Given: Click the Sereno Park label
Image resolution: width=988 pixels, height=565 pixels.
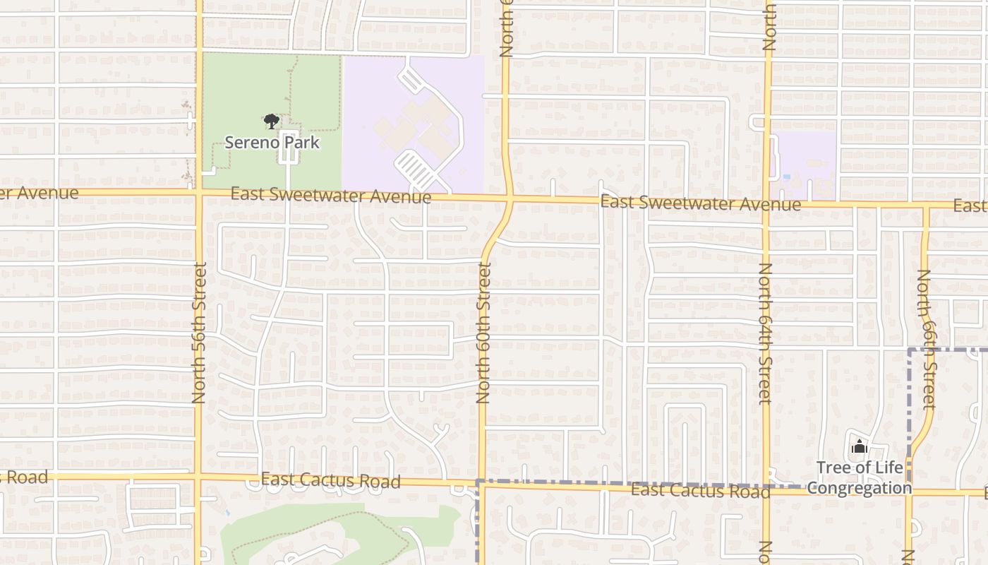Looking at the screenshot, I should pos(272,143).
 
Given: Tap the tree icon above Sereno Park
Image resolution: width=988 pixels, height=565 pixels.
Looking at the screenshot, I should pos(270,122).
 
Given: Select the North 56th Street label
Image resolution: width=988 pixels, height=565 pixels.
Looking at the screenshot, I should pos(199,333).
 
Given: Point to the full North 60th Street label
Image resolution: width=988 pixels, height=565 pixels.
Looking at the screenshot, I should pos(483,332).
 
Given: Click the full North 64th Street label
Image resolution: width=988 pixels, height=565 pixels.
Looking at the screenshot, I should pos(765,333).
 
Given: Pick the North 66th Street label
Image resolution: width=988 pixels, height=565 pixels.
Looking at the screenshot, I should pos(926,339).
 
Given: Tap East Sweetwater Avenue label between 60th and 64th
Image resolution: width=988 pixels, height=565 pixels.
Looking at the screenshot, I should pos(700,203).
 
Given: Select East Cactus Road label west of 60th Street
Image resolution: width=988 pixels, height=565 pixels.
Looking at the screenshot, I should pos(330,481).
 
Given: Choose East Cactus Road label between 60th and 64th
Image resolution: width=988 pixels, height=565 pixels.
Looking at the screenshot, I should pos(700,490).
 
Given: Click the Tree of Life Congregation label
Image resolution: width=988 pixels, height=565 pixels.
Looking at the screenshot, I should pos(859,478).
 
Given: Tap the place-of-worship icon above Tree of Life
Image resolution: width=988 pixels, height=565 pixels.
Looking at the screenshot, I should pos(859,446).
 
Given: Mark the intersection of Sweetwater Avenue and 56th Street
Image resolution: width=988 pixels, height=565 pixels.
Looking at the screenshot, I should pos(199,191).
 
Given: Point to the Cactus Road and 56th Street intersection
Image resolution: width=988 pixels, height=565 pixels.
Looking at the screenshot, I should pos(199,477).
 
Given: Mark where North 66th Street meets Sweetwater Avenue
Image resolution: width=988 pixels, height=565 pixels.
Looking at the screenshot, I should pos(926,206).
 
